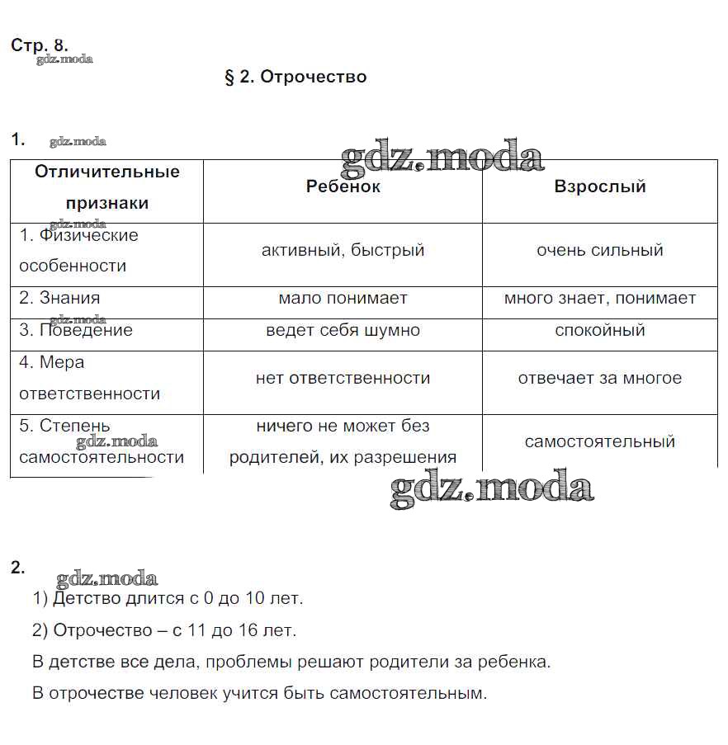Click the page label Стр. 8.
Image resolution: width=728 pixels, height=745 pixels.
tap(39, 45)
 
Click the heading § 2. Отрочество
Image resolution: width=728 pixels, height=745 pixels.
tap(295, 77)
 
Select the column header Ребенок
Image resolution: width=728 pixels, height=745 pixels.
tap(343, 186)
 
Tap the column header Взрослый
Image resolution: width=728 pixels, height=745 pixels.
tap(599, 186)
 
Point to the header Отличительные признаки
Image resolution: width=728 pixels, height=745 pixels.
tap(107, 187)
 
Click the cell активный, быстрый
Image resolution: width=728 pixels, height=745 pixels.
tap(343, 250)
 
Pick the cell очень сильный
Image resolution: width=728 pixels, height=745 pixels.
tap(599, 250)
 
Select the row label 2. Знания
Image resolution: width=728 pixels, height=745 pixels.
tap(59, 298)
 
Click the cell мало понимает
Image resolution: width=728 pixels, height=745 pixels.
tap(343, 298)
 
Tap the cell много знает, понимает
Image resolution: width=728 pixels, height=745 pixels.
tap(599, 298)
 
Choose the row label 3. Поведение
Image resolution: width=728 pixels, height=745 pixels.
tap(76, 330)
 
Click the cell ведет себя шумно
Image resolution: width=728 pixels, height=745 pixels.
tap(343, 330)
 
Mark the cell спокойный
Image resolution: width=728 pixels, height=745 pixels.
tap(599, 330)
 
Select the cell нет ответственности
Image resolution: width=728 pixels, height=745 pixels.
tap(343, 378)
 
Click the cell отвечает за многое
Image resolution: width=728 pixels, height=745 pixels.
tap(599, 378)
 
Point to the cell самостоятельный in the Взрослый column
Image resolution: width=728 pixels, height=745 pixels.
tap(599, 441)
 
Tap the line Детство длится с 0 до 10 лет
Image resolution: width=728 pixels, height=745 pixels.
tap(168, 598)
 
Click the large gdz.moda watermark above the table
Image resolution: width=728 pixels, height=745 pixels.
tap(442, 157)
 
